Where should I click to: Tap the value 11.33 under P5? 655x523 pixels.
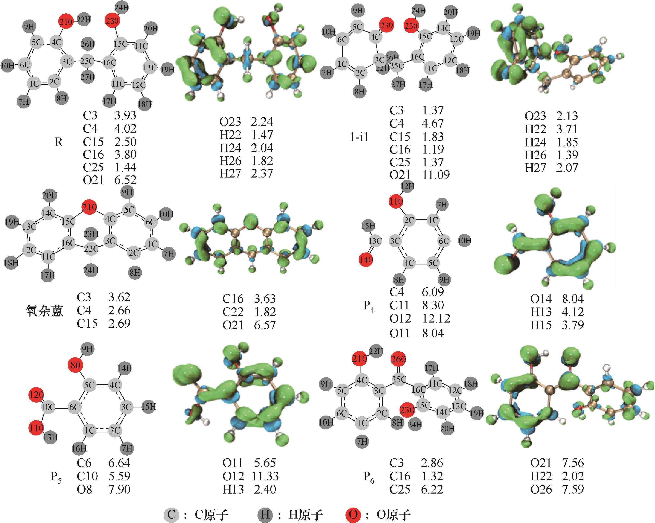[265, 476]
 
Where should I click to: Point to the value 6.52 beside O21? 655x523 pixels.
[125, 180]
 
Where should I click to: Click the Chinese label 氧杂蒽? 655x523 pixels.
[44, 311]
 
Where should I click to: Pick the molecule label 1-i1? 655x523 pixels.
[359, 137]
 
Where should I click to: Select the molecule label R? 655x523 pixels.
[59, 142]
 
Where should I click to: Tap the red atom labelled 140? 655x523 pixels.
[366, 260]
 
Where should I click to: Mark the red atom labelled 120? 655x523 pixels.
[36, 395]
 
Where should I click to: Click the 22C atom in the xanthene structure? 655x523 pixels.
[91, 249]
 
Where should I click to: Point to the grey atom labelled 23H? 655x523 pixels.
[91, 234]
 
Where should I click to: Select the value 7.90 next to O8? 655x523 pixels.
[119, 489]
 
